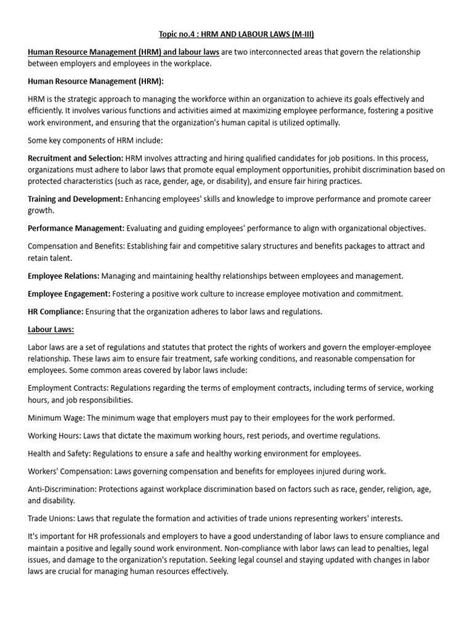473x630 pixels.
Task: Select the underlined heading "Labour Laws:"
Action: tap(51, 329)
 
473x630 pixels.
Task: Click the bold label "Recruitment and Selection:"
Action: tap(76, 158)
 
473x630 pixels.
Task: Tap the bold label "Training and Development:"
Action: tap(76, 199)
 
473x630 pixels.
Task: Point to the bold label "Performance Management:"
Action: tap(76, 228)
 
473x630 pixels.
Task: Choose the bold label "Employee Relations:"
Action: tap(64, 276)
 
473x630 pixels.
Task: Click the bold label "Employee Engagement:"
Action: tap(69, 294)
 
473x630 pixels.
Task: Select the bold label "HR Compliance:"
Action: tap(56, 311)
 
